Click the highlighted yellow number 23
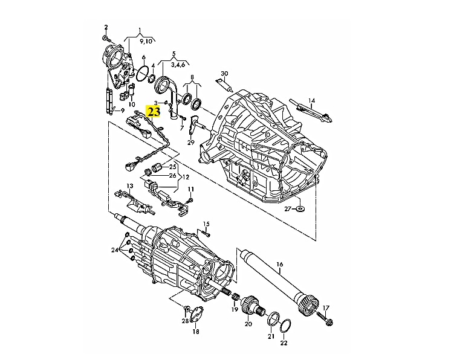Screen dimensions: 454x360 154,112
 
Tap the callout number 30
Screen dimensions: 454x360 224,74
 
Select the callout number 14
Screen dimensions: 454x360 311,101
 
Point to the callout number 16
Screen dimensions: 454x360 279,264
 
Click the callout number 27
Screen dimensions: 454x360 288,208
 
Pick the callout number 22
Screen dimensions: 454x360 284,343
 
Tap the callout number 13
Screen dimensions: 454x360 130,185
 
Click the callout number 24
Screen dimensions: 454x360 115,249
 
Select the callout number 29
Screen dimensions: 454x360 190,143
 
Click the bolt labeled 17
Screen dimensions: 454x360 325,318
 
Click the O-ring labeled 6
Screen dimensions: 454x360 143,74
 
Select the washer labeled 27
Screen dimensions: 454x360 300,208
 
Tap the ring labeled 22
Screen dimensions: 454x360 286,326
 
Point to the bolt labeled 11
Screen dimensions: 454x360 192,200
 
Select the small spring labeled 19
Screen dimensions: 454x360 236,297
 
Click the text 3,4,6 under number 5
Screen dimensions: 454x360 178,65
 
